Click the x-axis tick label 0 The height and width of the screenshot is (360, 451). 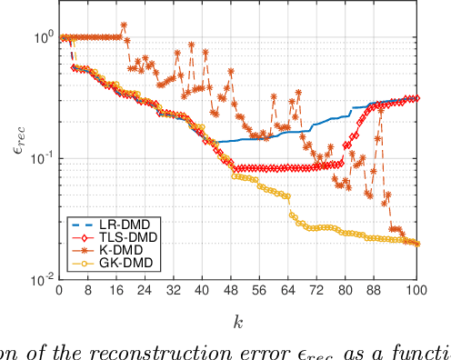pyautogui.click(x=58, y=293)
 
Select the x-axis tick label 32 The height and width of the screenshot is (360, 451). pyautogui.click(x=173, y=293)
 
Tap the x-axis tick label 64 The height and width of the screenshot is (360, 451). pyautogui.click(x=288, y=293)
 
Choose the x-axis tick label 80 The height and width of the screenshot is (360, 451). pyautogui.click(x=346, y=293)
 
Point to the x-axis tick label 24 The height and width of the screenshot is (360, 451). pyautogui.click(x=145, y=293)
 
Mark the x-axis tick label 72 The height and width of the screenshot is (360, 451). pyautogui.click(x=317, y=293)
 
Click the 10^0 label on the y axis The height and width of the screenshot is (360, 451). pyautogui.click(x=39, y=36)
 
